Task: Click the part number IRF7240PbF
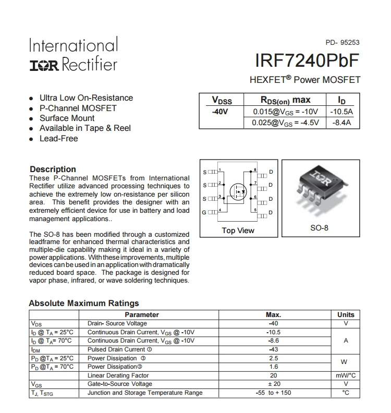click(308, 62)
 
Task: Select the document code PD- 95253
click(343, 43)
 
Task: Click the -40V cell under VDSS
click(220, 112)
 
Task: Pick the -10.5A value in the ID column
click(341, 112)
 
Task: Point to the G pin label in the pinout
click(204, 212)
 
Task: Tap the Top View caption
click(238, 230)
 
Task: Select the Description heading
click(53, 169)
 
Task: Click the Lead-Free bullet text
click(58, 139)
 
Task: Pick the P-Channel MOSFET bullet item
click(78, 108)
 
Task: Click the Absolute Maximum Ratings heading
click(84, 303)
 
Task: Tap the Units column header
click(346, 314)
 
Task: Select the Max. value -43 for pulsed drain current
click(273, 349)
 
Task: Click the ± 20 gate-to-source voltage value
click(273, 384)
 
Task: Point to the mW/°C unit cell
click(346, 375)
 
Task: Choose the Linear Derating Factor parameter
click(118, 375)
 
